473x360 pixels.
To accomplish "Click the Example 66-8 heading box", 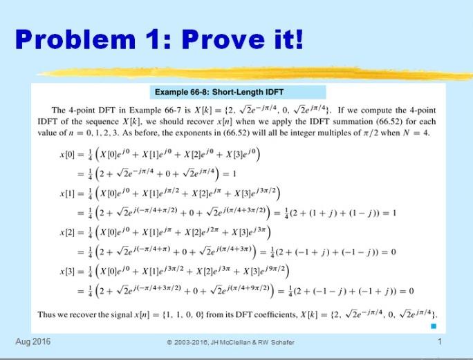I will pos(219,92).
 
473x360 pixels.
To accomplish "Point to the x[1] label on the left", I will pos(71,192).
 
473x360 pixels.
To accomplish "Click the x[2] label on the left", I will pos(71,230).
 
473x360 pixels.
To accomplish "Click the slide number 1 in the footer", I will pos(440,341).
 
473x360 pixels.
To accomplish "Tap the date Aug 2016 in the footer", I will pos(33,341).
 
